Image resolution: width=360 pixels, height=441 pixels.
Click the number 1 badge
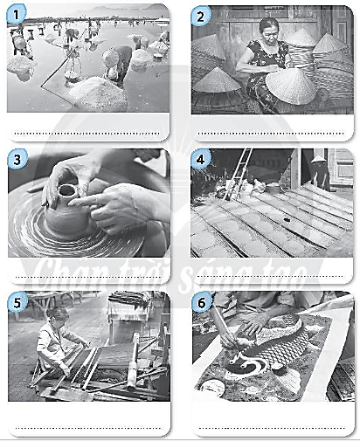pyautogui.click(x=16, y=14)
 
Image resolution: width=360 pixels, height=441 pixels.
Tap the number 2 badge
pyautogui.click(x=200, y=17)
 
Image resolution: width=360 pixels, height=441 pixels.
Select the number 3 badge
pyautogui.click(x=17, y=159)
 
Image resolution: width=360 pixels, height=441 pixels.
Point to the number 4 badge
pyautogui.click(x=200, y=159)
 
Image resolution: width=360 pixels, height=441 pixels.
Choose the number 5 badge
pyautogui.click(x=17, y=302)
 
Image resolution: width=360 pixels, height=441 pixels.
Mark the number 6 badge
pyautogui.click(x=201, y=302)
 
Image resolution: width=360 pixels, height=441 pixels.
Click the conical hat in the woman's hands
pyautogui.click(x=290, y=86)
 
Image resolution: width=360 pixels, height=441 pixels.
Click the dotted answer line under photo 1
pyautogui.click(x=87, y=134)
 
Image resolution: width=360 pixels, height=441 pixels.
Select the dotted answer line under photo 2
pyautogui.click(x=271, y=134)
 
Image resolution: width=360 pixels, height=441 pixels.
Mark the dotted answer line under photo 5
pyautogui.click(x=88, y=428)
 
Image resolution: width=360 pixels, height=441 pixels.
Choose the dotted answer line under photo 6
pyautogui.click(x=272, y=428)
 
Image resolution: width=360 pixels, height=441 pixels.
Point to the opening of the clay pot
pyautogui.click(x=67, y=190)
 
